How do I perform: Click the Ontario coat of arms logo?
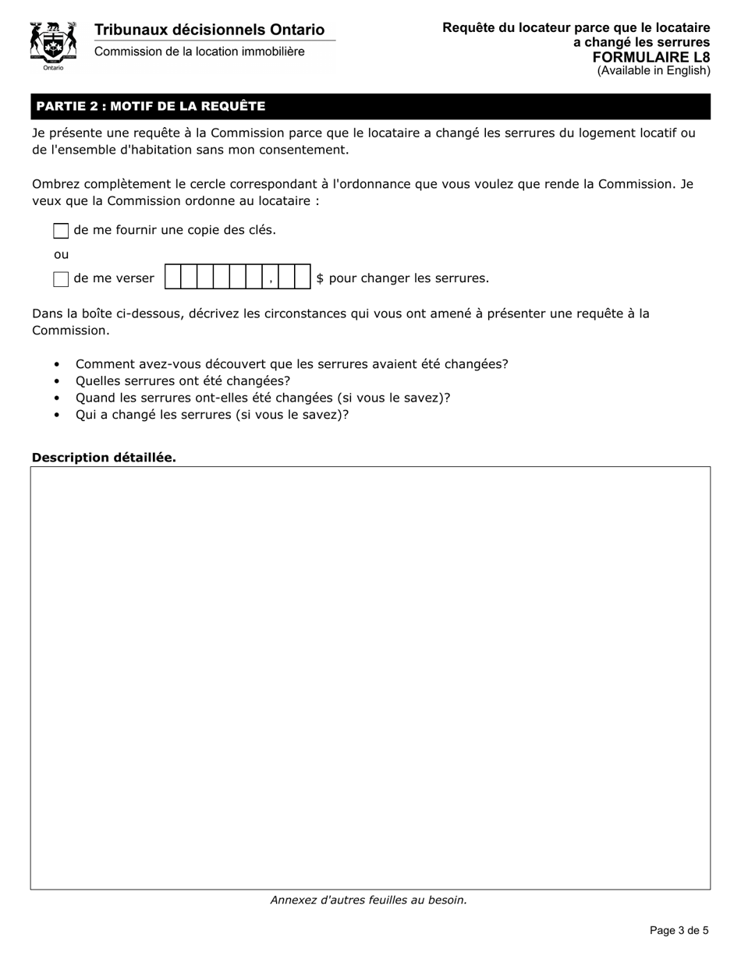click(x=53, y=44)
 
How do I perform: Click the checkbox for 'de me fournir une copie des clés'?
click(x=61, y=231)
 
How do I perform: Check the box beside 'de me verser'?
click(x=61, y=279)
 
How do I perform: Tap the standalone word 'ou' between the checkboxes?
click(x=61, y=254)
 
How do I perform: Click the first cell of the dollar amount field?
click(x=173, y=278)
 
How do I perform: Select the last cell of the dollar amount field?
click(x=303, y=278)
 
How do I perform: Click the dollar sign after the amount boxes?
click(x=320, y=278)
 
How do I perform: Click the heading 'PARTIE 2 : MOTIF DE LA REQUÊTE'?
click(x=151, y=106)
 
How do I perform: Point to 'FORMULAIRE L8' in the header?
click(x=651, y=57)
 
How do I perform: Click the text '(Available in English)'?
click(x=654, y=71)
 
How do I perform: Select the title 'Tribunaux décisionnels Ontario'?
click(x=209, y=30)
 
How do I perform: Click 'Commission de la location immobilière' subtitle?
click(x=200, y=51)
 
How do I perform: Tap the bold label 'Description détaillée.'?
click(x=104, y=457)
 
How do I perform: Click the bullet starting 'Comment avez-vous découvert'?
click(x=292, y=364)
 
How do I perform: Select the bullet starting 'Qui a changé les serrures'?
click(x=212, y=414)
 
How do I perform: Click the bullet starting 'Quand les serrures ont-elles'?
click(x=263, y=397)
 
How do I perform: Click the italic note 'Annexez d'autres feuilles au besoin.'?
click(x=369, y=900)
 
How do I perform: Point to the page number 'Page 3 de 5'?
click(x=679, y=930)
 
